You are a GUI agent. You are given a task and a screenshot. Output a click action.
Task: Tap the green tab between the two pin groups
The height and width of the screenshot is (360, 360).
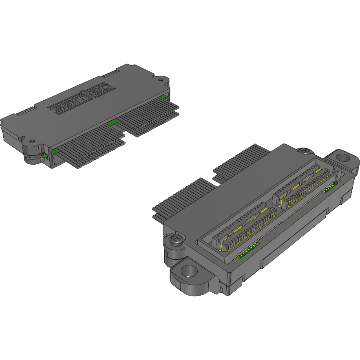click(x=112, y=122)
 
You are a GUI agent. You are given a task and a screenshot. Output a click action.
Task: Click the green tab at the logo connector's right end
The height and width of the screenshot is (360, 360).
click(x=163, y=96)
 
